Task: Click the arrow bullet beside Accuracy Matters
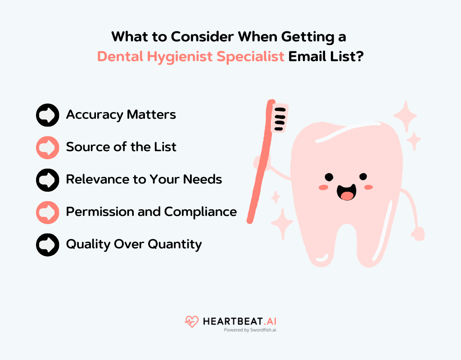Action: [47, 115]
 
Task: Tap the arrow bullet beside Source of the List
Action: [47, 147]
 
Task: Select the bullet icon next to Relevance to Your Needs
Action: [47, 180]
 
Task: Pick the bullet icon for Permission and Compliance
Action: [47, 212]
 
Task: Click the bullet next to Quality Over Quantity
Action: [47, 244]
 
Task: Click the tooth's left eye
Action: [329, 176]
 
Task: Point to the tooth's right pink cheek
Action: [369, 187]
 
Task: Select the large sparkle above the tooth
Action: [405, 116]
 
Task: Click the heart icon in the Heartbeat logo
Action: [191, 321]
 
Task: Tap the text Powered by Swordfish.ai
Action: [250, 330]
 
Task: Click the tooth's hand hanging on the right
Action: [418, 234]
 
